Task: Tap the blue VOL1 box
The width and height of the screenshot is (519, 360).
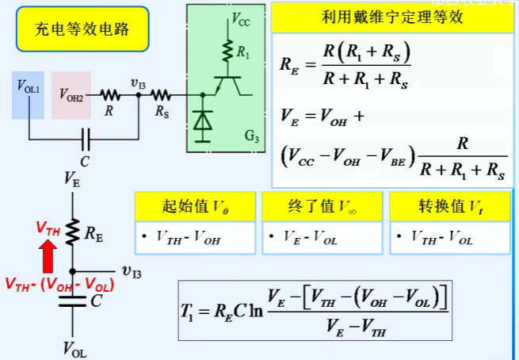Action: click(x=28, y=95)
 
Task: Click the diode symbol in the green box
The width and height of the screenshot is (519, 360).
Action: click(x=204, y=121)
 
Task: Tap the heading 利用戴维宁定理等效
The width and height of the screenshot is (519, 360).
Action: click(x=392, y=18)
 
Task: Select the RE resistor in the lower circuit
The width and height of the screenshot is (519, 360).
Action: click(x=72, y=232)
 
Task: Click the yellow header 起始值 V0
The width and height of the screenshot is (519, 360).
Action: click(x=195, y=207)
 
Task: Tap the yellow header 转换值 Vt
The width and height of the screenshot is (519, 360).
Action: click(x=449, y=207)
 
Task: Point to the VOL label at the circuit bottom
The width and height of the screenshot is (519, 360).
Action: click(x=72, y=348)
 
